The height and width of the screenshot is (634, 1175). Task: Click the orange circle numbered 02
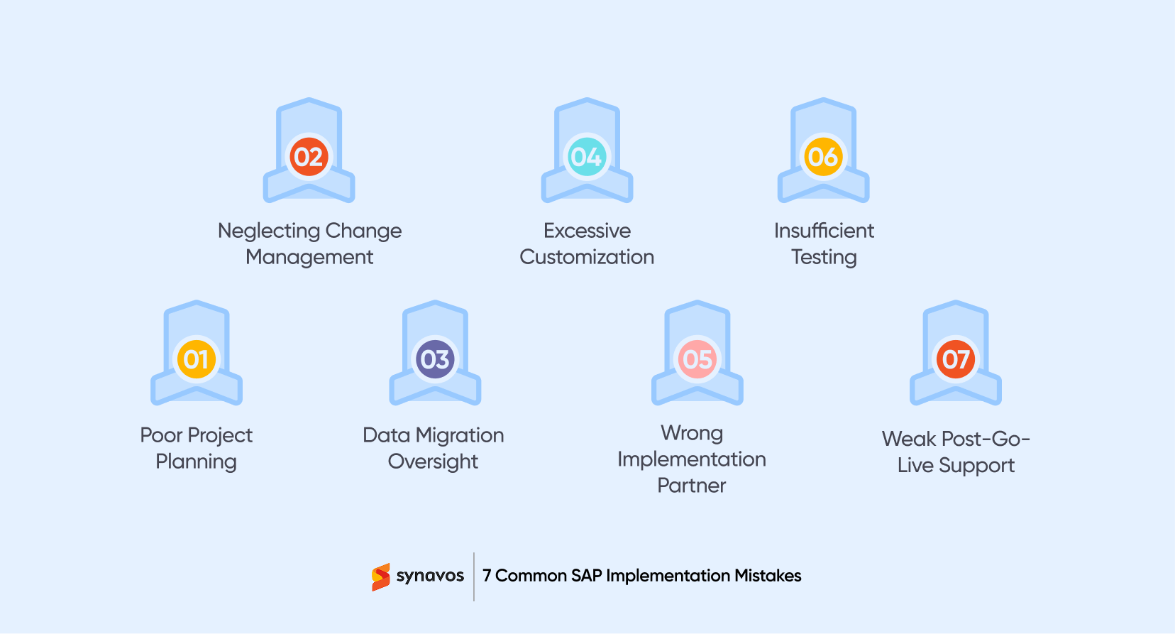[309, 157]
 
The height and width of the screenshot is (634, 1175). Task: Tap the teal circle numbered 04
[587, 157]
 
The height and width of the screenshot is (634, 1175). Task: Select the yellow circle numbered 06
[823, 157]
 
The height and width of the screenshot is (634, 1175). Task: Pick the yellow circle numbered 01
[197, 359]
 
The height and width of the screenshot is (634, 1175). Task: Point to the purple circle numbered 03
[435, 359]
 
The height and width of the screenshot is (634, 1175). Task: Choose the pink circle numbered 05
[697, 359]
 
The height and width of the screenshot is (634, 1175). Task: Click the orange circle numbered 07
[956, 359]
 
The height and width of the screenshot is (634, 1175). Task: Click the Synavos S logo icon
[381, 576]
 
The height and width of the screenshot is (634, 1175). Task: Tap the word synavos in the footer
[430, 576]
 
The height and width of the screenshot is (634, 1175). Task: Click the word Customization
[587, 257]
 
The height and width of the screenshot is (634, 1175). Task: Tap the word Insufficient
[824, 231]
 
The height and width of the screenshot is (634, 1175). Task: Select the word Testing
[824, 258]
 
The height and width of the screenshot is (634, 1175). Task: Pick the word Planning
[196, 462]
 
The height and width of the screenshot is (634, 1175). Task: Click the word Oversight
[433, 462]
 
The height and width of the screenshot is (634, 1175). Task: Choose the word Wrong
[692, 433]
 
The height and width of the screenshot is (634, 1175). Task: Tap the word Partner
[692, 486]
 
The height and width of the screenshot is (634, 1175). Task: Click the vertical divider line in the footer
[474, 576]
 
